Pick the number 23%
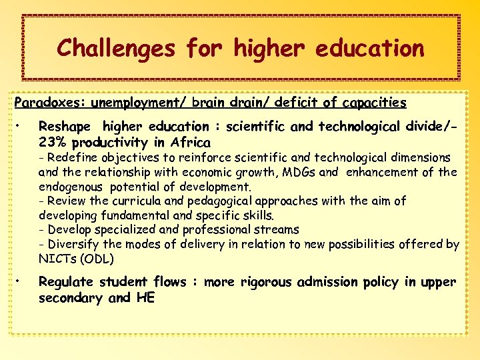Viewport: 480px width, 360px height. coord(53,143)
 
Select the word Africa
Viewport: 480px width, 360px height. coord(191,143)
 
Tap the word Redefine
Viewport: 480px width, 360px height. coord(71,158)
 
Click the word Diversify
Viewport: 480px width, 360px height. coord(71,244)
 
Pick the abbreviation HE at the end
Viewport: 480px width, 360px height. coord(145,298)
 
